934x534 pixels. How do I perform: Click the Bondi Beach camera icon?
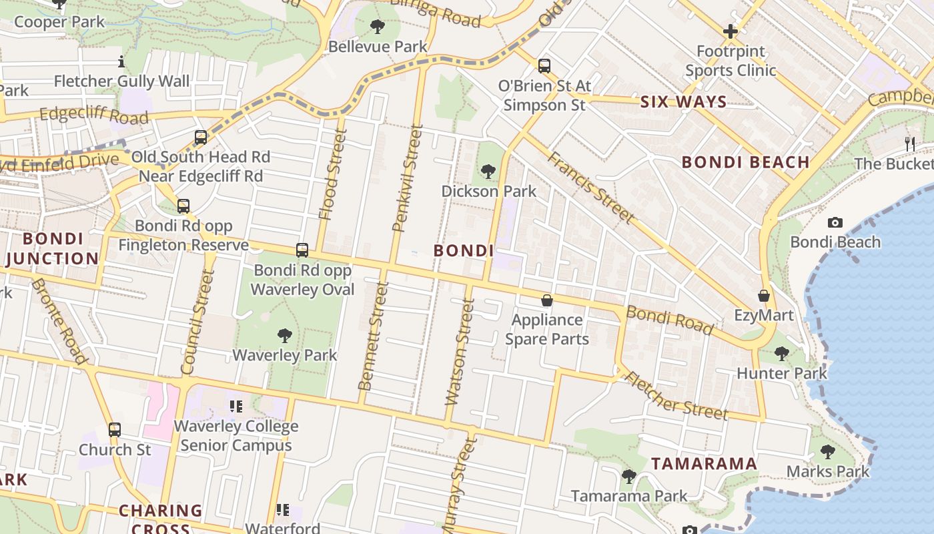pos(835,223)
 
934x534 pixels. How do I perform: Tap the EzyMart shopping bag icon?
pos(764,296)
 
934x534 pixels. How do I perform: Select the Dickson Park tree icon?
pos(488,172)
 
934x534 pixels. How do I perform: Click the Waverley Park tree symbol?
pos(285,335)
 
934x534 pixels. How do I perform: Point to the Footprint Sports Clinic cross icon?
pos(731,31)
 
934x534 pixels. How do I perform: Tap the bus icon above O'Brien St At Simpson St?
pos(544,66)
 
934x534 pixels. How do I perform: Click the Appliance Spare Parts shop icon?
pos(547,301)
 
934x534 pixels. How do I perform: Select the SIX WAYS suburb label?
pos(683,102)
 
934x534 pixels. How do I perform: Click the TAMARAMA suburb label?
pos(704,463)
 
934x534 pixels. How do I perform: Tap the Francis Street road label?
pos(590,187)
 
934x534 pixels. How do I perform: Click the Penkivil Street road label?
pos(408,178)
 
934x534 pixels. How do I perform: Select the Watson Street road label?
pos(460,352)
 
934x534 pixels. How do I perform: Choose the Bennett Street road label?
pos(373,336)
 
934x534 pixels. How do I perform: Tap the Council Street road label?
pos(197,322)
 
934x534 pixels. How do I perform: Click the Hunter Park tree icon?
pos(782,353)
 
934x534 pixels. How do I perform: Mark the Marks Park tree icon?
pos(827,452)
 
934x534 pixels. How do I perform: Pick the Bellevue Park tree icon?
pos(378,27)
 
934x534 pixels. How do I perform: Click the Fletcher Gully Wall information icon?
pos(121,62)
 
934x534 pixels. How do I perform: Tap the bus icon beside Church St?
pos(115,430)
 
